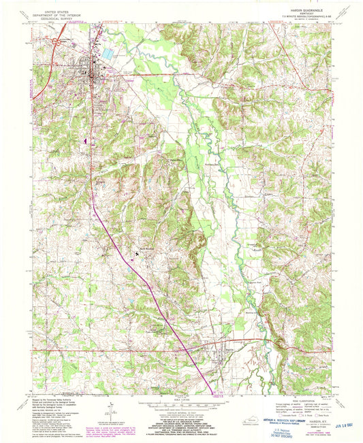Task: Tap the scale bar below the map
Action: (180, 403)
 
